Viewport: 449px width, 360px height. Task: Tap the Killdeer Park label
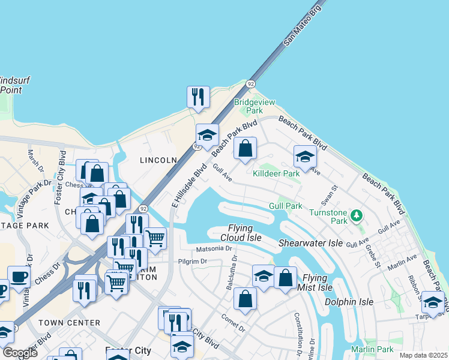pos(276,173)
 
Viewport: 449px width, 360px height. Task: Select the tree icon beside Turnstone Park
pos(357,214)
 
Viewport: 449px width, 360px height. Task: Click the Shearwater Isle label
pos(310,243)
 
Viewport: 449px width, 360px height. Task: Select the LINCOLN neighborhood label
pos(158,160)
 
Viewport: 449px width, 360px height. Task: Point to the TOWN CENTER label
pos(69,323)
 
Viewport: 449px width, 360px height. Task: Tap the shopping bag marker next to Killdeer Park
pos(245,149)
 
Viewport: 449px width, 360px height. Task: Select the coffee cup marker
pos(19,277)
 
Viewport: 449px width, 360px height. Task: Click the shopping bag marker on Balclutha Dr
pos(245,299)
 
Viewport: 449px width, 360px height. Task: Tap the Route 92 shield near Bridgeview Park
pos(250,84)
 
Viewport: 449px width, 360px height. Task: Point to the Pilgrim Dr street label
pos(192,262)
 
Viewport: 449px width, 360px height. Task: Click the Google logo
pos(20,353)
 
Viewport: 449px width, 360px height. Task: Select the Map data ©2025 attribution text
pos(423,355)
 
